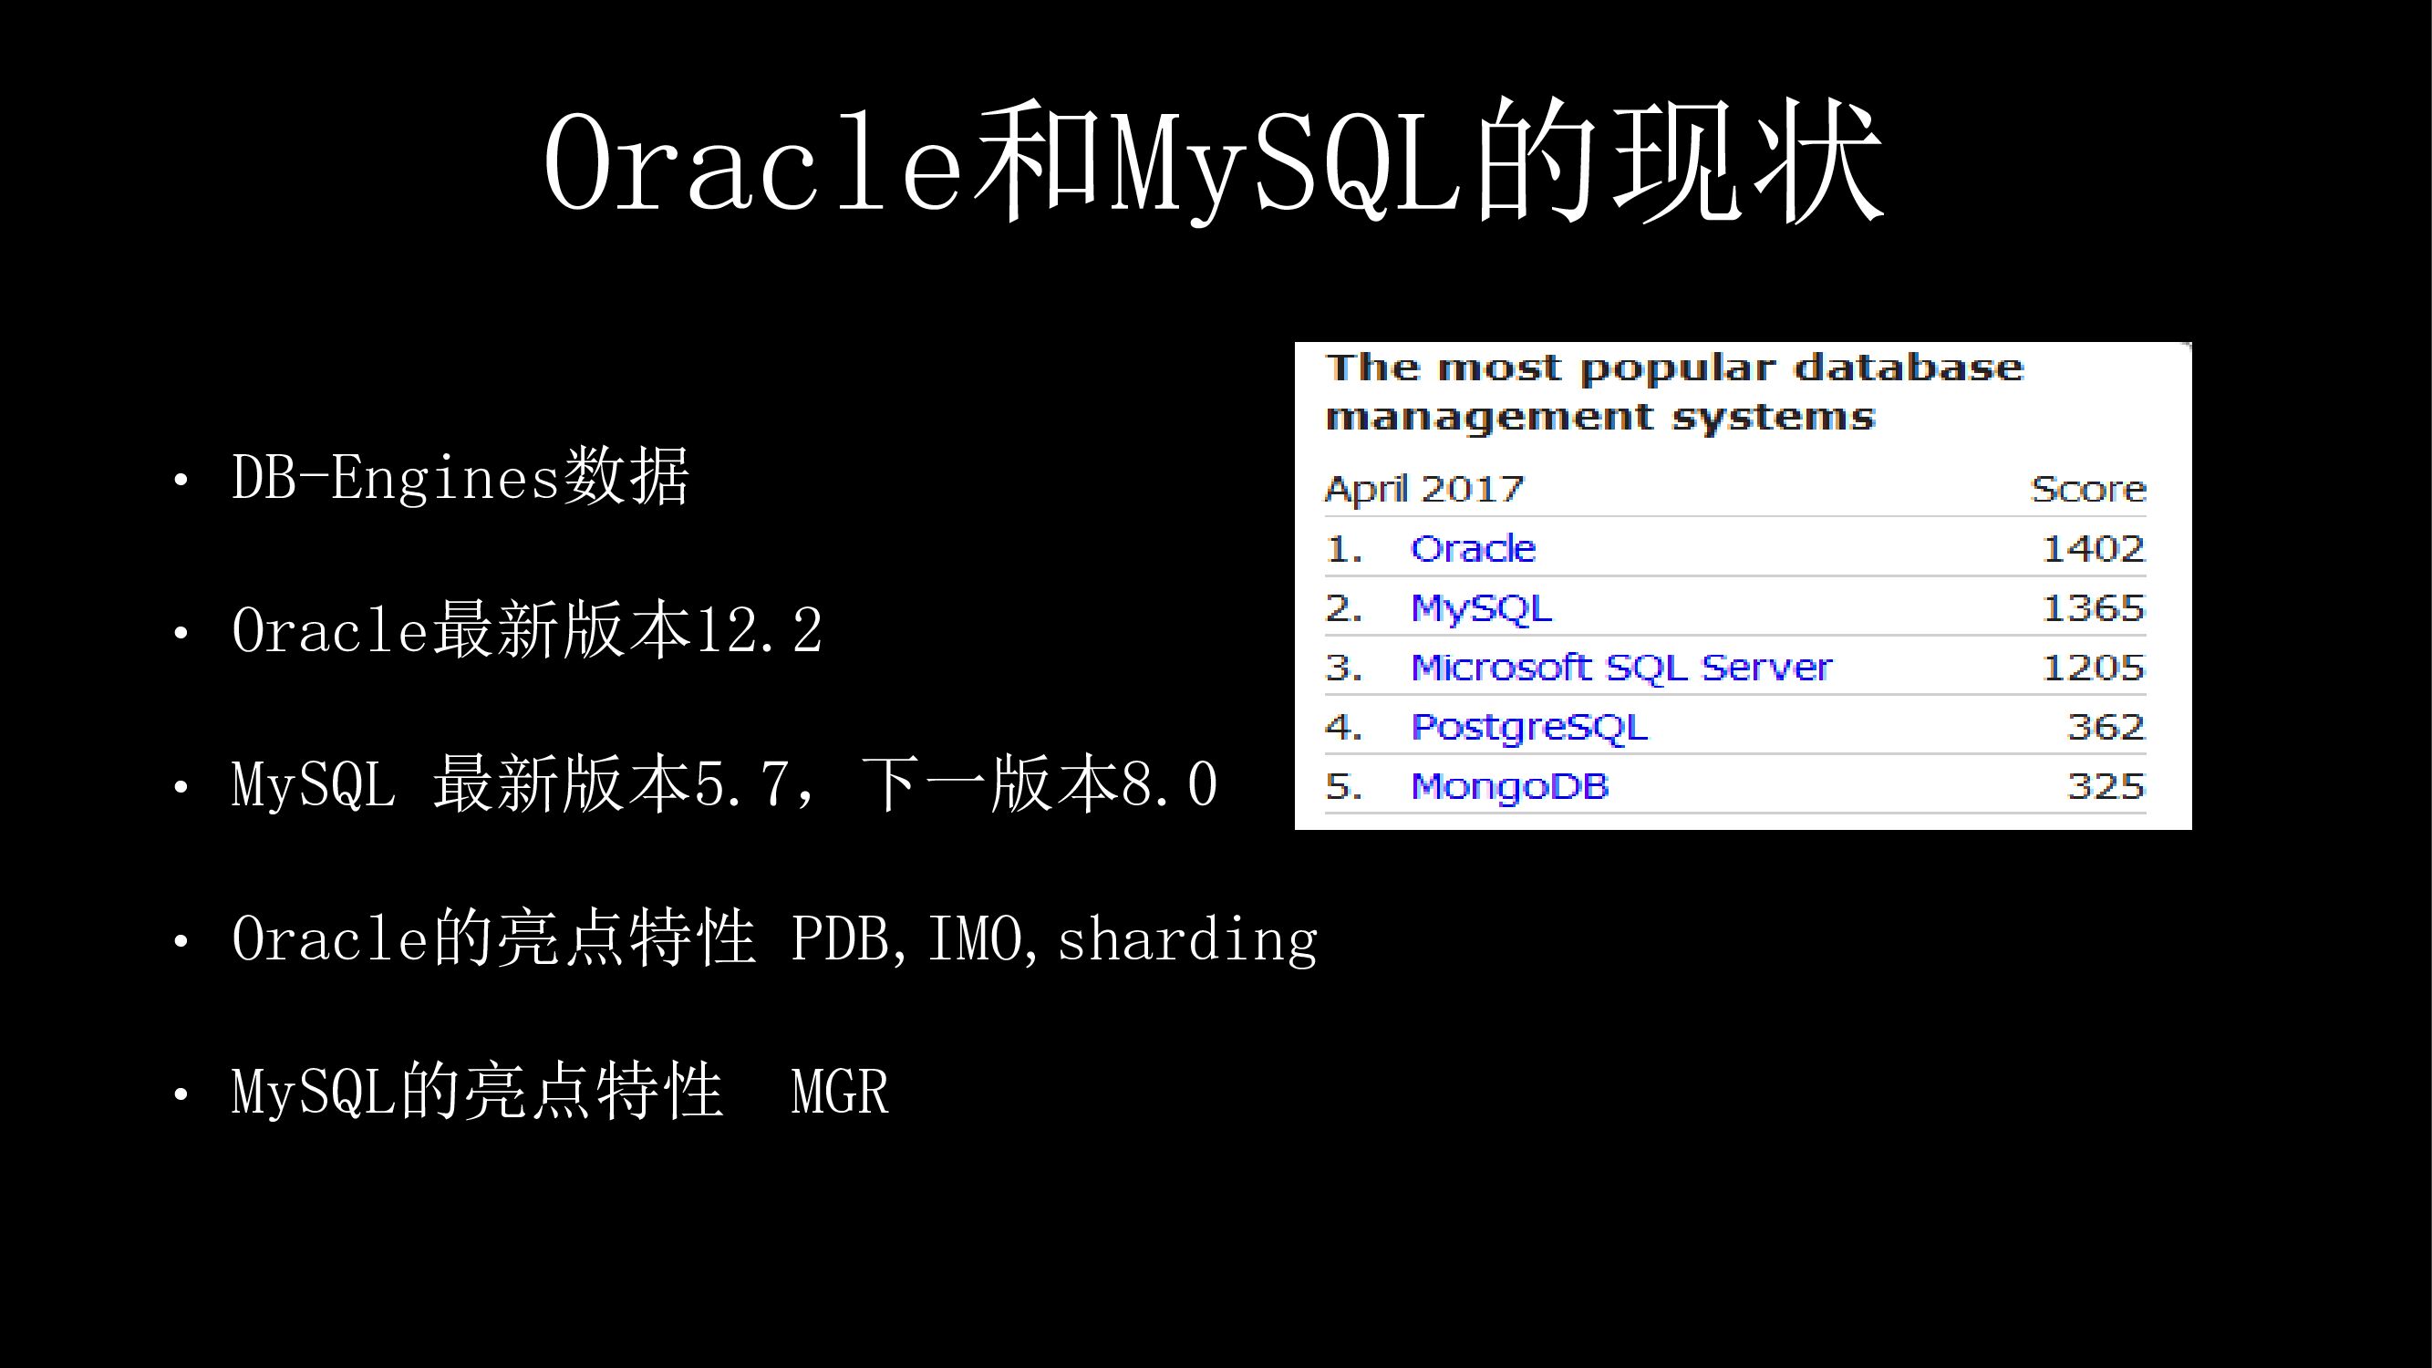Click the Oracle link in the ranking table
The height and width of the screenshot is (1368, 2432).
(x=1473, y=548)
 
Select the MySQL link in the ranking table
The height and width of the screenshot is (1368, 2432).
(x=1481, y=609)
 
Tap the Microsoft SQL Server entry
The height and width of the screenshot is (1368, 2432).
(x=1621, y=668)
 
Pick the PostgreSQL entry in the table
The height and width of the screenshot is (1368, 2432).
(x=1528, y=728)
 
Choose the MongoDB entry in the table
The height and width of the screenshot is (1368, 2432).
(x=1509, y=787)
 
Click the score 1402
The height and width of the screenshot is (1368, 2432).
(x=2093, y=548)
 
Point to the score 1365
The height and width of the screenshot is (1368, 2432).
(x=2093, y=608)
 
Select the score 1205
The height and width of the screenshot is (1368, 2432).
(x=2093, y=668)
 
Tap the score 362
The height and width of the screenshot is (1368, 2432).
(x=2106, y=727)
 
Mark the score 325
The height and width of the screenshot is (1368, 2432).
(x=2106, y=786)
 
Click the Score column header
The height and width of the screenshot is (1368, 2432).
(x=2088, y=489)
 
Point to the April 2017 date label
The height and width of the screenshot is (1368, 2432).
(x=1424, y=490)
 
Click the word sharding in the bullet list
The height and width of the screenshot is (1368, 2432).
(x=1187, y=939)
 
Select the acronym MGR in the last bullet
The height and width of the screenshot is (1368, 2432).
(x=840, y=1093)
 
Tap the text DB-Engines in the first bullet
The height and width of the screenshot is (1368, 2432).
(x=396, y=478)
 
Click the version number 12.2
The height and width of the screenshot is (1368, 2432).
(x=759, y=631)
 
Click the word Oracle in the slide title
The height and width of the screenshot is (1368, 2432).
(x=752, y=161)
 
